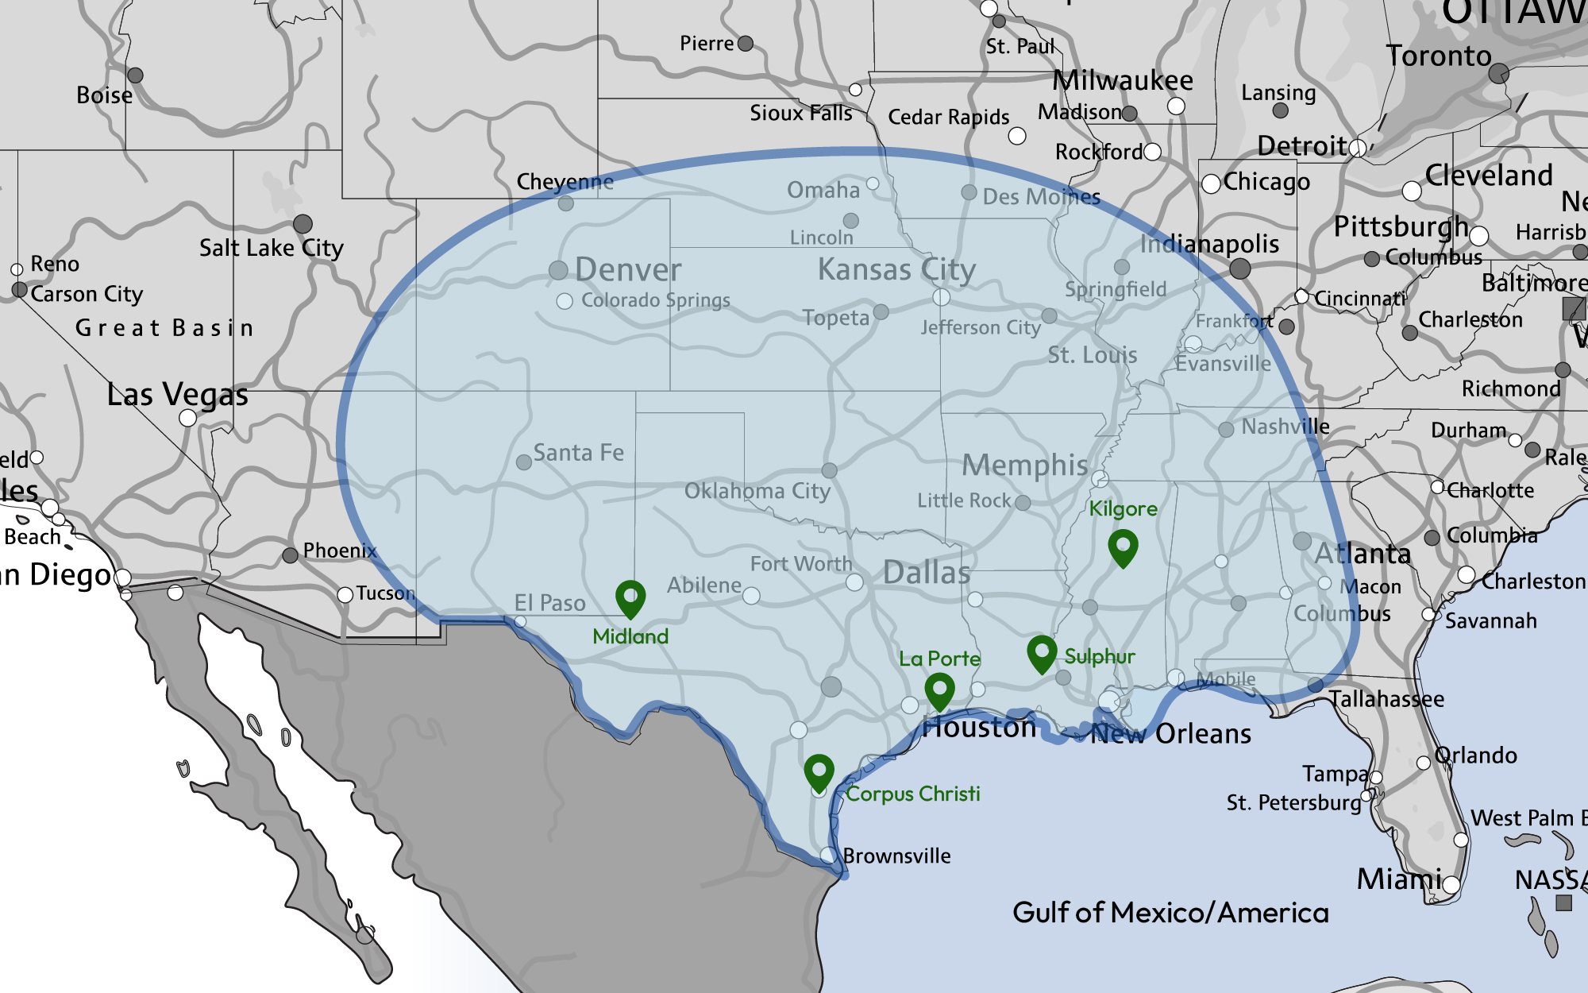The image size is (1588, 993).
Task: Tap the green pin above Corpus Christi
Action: [x=819, y=770]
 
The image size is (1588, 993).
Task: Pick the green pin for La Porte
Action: [x=939, y=689]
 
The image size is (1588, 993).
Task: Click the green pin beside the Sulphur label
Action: [x=1042, y=651]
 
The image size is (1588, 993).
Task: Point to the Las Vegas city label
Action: [x=177, y=394]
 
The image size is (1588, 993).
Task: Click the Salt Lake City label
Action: [x=271, y=248]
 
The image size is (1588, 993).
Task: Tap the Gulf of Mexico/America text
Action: [x=1170, y=913]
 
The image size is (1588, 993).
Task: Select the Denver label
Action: [x=627, y=270]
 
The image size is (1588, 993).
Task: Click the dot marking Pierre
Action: [x=745, y=44]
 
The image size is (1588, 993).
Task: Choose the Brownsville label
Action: [x=896, y=856]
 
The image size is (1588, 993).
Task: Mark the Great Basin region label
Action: [x=164, y=328]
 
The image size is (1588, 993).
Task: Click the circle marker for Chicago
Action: [x=1211, y=184]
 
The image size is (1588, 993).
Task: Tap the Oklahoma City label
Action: [x=757, y=491]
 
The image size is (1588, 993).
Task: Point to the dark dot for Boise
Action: [x=135, y=75]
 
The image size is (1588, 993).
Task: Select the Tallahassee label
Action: [x=1386, y=699]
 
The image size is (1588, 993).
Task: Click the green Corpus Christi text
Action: [x=912, y=794]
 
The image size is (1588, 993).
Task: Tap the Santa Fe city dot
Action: [x=524, y=462]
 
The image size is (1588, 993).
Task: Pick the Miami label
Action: [x=1398, y=879]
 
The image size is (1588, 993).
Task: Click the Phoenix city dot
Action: [x=291, y=555]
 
